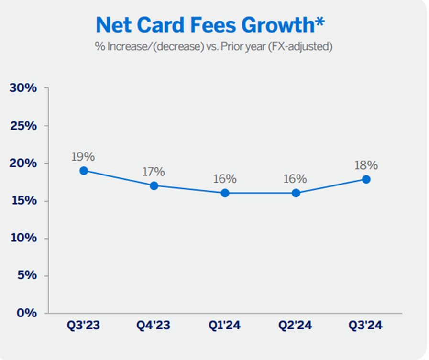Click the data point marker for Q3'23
[x=84, y=171]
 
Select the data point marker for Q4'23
[x=154, y=185]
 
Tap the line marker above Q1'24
[x=225, y=193]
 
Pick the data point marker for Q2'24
[x=296, y=193]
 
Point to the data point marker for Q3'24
[x=366, y=179]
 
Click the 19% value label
[x=84, y=156]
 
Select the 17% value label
[x=154, y=171]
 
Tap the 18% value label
[x=366, y=165]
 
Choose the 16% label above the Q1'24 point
[x=225, y=179]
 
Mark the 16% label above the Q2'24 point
[x=295, y=179]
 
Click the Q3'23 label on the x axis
[x=84, y=326]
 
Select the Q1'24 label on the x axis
[x=225, y=326]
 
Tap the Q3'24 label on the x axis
[x=366, y=326]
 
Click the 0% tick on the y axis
[x=27, y=313]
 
